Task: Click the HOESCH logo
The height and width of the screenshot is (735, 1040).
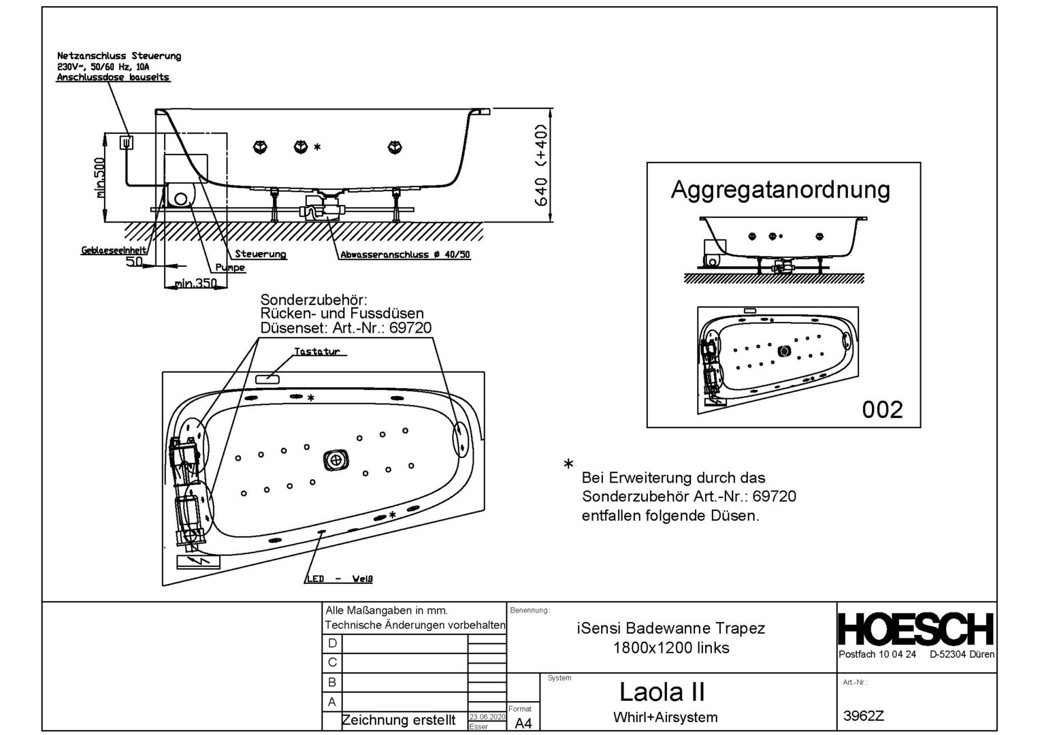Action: [x=916, y=629]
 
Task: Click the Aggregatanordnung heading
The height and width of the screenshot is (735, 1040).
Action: [x=780, y=189]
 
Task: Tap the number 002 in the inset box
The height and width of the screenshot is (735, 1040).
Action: [x=882, y=410]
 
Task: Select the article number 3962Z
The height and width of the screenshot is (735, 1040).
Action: [x=863, y=715]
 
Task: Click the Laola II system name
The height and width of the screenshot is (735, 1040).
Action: [x=662, y=692]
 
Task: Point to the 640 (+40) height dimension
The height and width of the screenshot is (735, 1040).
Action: [x=542, y=165]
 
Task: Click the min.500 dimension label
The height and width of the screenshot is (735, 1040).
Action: [x=100, y=178]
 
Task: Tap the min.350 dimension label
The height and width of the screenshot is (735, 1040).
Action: [x=195, y=282]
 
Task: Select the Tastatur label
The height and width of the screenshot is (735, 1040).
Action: [x=316, y=352]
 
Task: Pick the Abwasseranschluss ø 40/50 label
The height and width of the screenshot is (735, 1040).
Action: [x=405, y=255]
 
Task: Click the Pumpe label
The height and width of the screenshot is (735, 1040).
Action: [x=230, y=267]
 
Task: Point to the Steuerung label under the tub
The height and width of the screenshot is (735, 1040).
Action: [x=260, y=254]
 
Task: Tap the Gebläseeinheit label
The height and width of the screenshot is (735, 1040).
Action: [x=114, y=250]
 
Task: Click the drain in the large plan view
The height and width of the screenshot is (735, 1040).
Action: [x=335, y=461]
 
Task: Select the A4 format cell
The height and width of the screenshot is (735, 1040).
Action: [x=523, y=723]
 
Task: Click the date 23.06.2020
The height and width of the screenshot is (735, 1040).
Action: [x=487, y=717]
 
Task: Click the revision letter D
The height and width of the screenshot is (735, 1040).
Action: [x=332, y=643]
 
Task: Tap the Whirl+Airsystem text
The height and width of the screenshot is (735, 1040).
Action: [x=665, y=717]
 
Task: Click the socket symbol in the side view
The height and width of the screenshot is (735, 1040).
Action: [x=127, y=142]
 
